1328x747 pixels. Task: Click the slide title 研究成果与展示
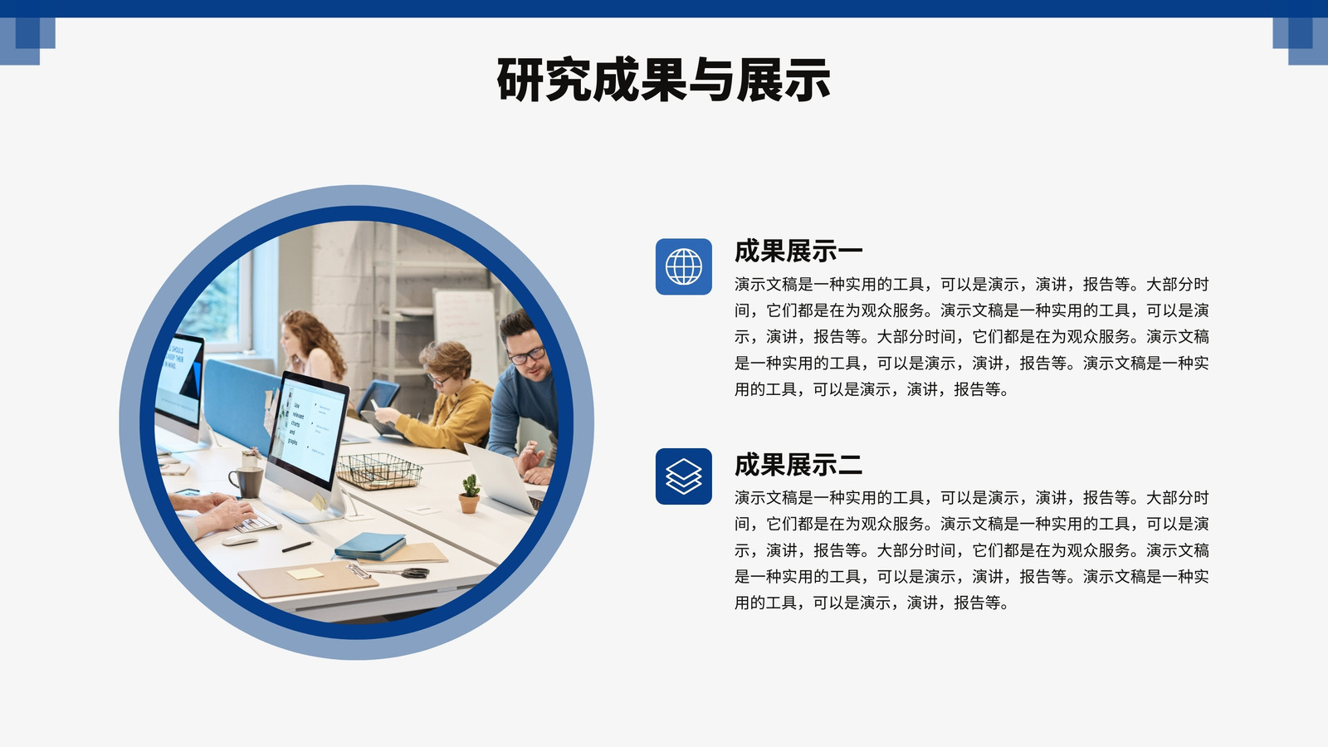(663, 80)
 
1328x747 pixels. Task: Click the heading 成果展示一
(798, 251)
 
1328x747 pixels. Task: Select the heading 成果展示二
(798, 465)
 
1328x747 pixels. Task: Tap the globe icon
(684, 266)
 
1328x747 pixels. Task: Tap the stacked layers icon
(684, 476)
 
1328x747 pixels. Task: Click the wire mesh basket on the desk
(379, 471)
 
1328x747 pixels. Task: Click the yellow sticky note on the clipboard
(305, 574)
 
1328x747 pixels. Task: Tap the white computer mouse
(240, 540)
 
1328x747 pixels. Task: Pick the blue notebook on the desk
(370, 546)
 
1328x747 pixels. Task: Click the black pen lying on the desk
(298, 546)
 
